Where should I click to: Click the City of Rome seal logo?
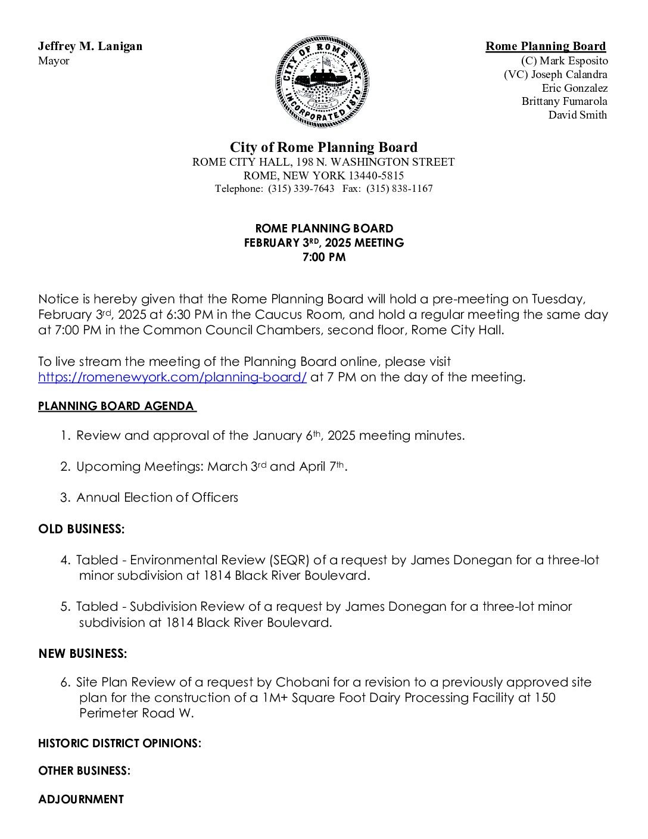point(322,82)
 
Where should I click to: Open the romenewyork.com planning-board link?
point(172,377)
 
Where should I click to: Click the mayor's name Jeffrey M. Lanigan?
point(90,46)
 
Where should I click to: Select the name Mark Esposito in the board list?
point(574,61)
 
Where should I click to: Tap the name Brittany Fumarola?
point(564,101)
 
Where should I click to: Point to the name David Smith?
point(577,115)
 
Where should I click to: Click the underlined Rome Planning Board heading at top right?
point(545,46)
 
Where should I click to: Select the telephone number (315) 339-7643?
point(301,189)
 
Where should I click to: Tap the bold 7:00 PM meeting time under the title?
point(324,257)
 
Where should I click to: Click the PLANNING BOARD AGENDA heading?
point(116,406)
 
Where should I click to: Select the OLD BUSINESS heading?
point(82,529)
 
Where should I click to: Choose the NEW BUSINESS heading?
point(83,654)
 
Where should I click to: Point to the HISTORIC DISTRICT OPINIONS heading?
point(120,744)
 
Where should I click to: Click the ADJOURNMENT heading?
point(81,800)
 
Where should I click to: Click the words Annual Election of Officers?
point(157,498)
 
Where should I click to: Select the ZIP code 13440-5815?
point(376,176)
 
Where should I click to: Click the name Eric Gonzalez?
point(574,88)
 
